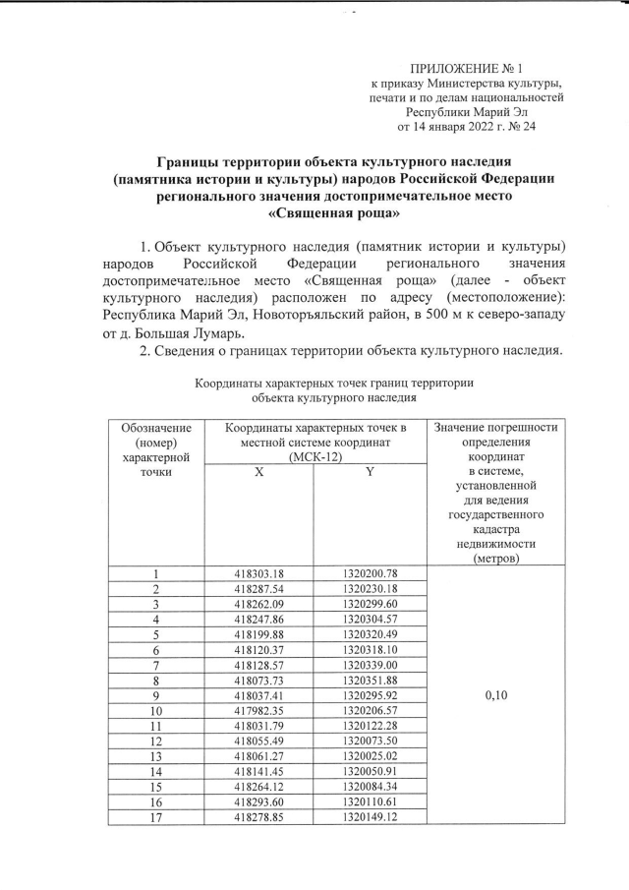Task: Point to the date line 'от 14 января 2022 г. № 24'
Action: tap(467, 126)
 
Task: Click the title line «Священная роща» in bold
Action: tap(333, 210)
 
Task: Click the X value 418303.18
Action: tap(259, 574)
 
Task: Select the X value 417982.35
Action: tap(259, 711)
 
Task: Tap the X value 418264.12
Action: tap(259, 788)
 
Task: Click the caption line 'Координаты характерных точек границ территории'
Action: tap(334, 383)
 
